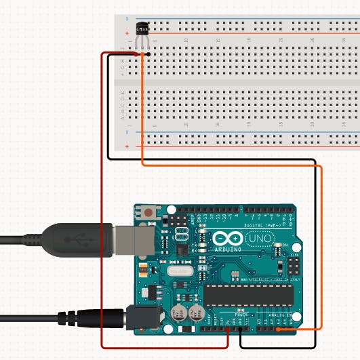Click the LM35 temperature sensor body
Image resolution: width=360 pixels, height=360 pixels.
point(142,31)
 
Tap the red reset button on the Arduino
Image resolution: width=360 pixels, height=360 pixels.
point(148,213)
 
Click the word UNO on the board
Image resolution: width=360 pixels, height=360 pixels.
point(257,240)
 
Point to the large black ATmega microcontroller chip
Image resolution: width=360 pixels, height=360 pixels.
point(249,295)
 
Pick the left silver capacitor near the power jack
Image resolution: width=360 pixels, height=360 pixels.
point(180,313)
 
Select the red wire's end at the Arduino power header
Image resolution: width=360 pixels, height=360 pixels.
point(228,330)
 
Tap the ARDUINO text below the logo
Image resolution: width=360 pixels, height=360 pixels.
point(227,249)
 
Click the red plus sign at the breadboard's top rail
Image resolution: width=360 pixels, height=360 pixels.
point(127,33)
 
